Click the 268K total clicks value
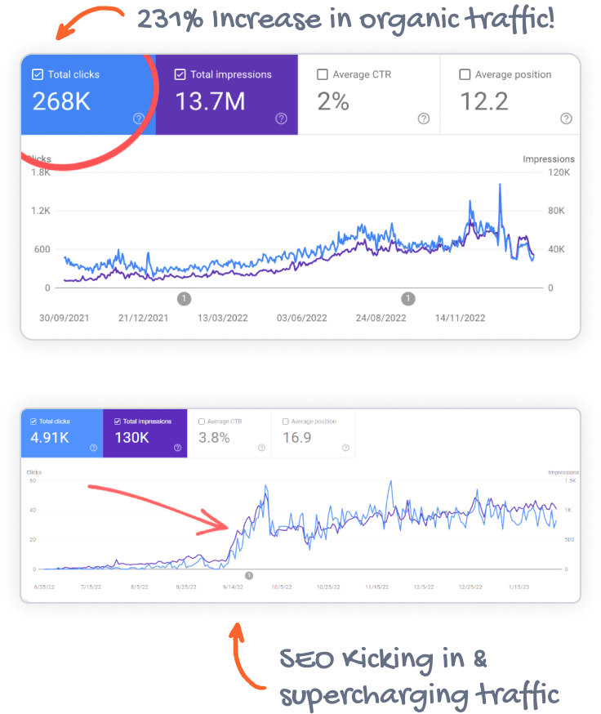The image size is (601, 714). tap(61, 101)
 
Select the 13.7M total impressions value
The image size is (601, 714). tap(209, 101)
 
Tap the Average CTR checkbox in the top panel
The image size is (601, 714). tap(323, 74)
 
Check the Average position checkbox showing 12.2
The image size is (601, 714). tap(465, 74)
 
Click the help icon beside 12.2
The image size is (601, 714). tap(566, 118)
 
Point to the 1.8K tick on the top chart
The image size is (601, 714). tap(40, 172)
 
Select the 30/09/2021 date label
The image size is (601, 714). tap(63, 318)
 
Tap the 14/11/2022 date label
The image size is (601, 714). tap(460, 318)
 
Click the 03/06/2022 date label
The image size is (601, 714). tap(301, 318)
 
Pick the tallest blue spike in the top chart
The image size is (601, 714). tap(500, 185)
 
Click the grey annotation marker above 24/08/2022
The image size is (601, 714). tap(408, 299)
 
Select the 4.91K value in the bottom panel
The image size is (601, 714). tap(49, 437)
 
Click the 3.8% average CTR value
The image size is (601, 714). tap(214, 437)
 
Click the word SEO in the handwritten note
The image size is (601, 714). tap(306, 659)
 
